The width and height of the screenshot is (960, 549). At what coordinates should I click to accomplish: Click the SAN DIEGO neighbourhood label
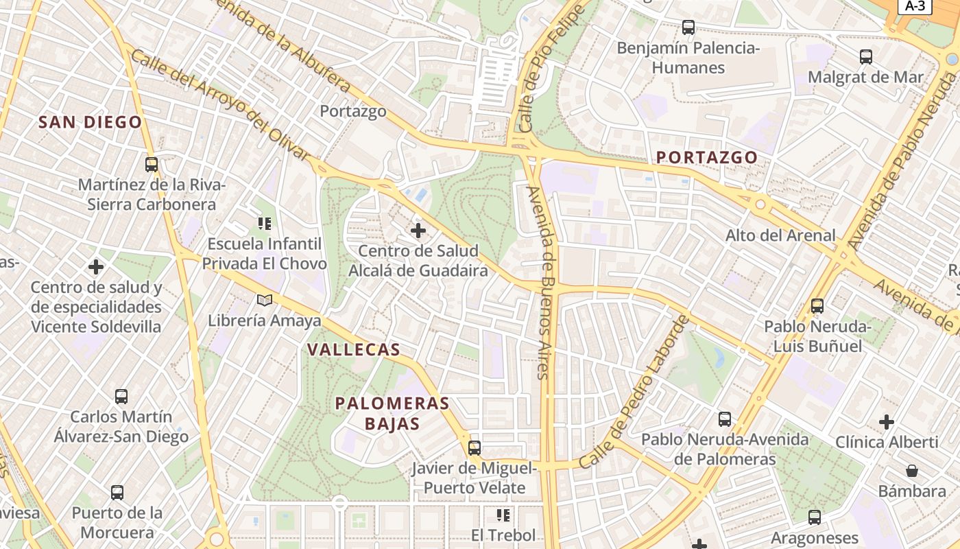pos(90,123)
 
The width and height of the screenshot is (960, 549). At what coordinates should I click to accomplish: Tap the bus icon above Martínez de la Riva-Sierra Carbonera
pos(152,165)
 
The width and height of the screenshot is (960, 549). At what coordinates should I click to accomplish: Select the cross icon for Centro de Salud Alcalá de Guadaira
pos(418,231)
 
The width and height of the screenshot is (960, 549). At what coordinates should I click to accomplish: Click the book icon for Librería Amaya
pos(264,300)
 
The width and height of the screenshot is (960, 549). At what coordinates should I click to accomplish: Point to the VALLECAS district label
pos(353,349)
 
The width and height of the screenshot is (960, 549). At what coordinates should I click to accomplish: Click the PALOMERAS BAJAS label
pos(392,413)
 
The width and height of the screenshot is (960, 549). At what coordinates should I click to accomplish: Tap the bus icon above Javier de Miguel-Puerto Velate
pos(474,448)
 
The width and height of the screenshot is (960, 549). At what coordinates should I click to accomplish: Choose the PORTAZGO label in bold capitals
pos(707,157)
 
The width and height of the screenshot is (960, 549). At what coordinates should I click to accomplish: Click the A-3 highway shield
pos(915,6)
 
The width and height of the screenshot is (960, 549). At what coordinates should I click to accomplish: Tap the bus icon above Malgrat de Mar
pos(866,57)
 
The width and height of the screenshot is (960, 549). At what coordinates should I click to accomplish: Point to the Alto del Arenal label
pos(780,235)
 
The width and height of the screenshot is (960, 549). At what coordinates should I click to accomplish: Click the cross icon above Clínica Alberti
pos(887,421)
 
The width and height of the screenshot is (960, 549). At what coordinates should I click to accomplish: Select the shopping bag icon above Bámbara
pos(912,471)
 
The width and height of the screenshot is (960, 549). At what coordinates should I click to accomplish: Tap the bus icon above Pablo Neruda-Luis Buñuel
pos(817,306)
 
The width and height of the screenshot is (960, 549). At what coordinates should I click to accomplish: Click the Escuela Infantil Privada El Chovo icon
pos(264,223)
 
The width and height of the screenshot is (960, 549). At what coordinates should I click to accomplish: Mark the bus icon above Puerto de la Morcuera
pos(117,492)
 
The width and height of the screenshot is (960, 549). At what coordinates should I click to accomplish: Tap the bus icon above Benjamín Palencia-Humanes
pos(688,27)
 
